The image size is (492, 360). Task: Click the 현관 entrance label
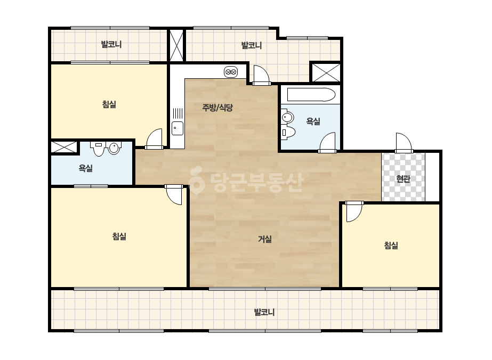point(403,179)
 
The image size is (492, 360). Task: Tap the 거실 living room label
point(265,239)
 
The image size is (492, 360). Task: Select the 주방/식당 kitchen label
point(217,108)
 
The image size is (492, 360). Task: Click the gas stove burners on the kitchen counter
point(231,72)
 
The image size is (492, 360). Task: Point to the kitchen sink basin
point(178,128)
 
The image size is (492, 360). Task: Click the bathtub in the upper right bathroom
point(311,95)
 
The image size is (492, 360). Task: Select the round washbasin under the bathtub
point(287,118)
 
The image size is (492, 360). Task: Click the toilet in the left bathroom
point(99,149)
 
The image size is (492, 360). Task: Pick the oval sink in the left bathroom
point(115,148)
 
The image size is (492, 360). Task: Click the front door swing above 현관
point(404,143)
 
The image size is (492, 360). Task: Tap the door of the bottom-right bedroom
point(354,211)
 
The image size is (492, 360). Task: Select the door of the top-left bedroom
point(154,138)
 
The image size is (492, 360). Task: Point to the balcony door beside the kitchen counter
point(261,75)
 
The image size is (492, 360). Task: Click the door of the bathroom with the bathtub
point(327,143)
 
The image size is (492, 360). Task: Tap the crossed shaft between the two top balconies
point(176,45)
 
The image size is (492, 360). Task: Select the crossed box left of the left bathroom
point(64,147)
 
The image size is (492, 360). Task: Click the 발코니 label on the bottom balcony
point(264,312)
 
